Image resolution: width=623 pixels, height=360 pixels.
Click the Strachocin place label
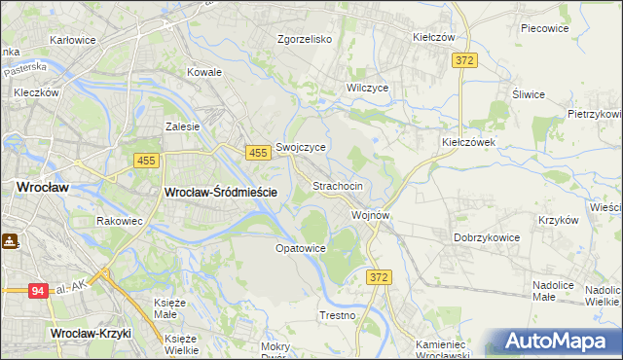click(x=338, y=186)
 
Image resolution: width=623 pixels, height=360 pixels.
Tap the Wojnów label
click(x=371, y=215)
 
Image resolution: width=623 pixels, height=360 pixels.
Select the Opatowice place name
click(x=300, y=248)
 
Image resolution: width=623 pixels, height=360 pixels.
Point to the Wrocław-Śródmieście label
click(x=222, y=193)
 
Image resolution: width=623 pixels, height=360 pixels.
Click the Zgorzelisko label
click(x=305, y=40)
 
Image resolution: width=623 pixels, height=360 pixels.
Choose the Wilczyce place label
click(x=368, y=88)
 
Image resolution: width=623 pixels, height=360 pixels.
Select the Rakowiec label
click(x=120, y=221)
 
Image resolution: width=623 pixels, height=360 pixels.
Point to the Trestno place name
click(x=337, y=316)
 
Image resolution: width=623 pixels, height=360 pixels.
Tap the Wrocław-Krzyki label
click(x=91, y=334)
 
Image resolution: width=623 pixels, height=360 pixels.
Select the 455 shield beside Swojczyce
click(x=258, y=153)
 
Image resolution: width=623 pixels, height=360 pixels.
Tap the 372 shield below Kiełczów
click(x=463, y=60)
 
